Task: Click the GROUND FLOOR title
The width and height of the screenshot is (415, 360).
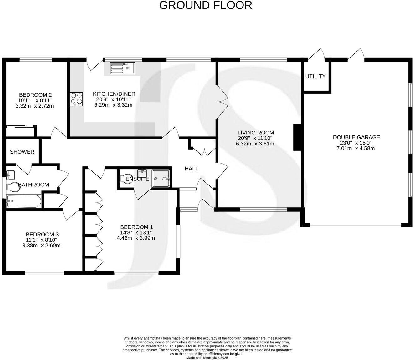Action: [x=206, y=5]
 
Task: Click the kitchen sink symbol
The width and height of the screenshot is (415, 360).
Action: [x=122, y=68]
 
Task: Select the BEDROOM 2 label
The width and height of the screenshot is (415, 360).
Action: [x=35, y=95]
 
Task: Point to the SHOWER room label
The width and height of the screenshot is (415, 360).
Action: [x=22, y=152]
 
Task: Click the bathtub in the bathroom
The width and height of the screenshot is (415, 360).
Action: [x=24, y=201]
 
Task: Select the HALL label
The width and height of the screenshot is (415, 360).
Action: [x=191, y=169]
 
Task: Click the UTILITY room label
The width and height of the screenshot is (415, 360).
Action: [x=315, y=76]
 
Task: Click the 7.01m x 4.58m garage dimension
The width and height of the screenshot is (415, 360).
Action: [x=356, y=148]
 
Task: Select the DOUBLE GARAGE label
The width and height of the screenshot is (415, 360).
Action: [x=356, y=137]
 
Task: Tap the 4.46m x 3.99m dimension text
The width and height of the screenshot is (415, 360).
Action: [x=136, y=238]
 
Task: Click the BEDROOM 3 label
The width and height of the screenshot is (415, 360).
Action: [x=42, y=234]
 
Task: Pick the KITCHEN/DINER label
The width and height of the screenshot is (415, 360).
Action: [x=114, y=94]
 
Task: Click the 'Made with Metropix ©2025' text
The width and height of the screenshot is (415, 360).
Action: [x=207, y=358]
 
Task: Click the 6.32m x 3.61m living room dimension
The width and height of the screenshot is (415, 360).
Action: [x=255, y=144]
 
